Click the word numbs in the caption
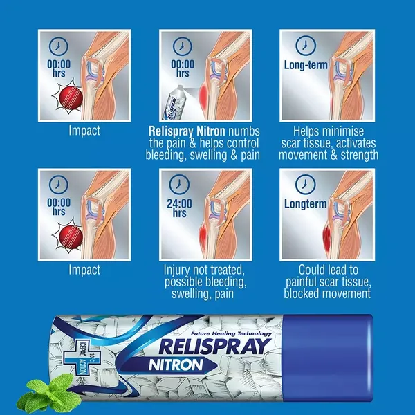click(x=241, y=130)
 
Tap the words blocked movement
click(x=327, y=293)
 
